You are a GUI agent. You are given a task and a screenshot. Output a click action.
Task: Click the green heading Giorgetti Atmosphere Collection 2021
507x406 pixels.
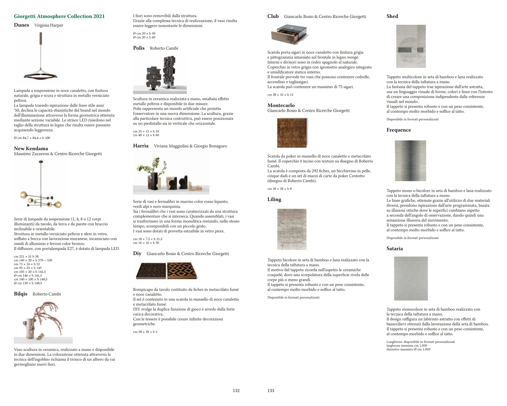point(59,16)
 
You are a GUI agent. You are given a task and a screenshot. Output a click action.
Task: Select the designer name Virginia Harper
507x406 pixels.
point(49,25)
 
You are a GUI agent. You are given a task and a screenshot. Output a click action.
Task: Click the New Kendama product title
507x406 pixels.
point(31,149)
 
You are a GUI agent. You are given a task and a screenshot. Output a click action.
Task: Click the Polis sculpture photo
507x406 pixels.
point(160,74)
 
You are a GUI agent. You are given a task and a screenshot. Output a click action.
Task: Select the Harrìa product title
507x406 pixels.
point(141,146)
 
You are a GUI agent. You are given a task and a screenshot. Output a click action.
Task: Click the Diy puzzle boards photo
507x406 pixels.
point(166,271)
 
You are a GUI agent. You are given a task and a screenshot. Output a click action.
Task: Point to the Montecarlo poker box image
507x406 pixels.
point(292,133)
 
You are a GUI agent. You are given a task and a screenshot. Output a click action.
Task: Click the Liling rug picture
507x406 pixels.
point(292,229)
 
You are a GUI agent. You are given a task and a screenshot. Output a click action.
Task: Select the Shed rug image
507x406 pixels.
point(411,46)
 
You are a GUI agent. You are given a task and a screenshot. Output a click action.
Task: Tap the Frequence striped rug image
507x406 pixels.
point(410,161)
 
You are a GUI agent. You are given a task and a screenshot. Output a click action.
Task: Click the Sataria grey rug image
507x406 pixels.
point(411,278)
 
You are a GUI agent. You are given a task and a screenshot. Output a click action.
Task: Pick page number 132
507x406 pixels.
point(236,391)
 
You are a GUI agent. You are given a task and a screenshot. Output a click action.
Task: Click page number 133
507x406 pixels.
point(271,391)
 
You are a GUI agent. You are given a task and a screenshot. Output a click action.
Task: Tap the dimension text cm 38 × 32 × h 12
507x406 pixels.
point(280,95)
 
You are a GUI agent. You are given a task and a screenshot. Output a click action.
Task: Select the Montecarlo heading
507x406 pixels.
point(281,105)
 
